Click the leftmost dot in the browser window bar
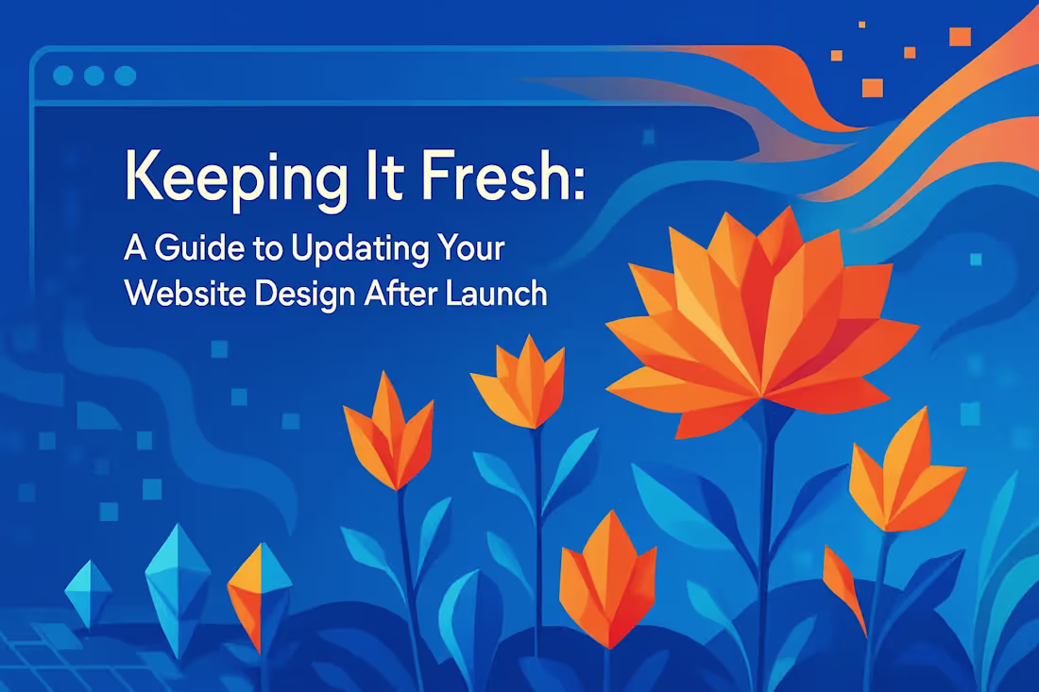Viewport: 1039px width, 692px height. pyautogui.click(x=64, y=76)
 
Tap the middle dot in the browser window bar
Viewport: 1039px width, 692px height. pyautogui.click(x=94, y=76)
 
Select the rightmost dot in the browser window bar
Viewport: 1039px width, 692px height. pyautogui.click(x=123, y=76)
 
